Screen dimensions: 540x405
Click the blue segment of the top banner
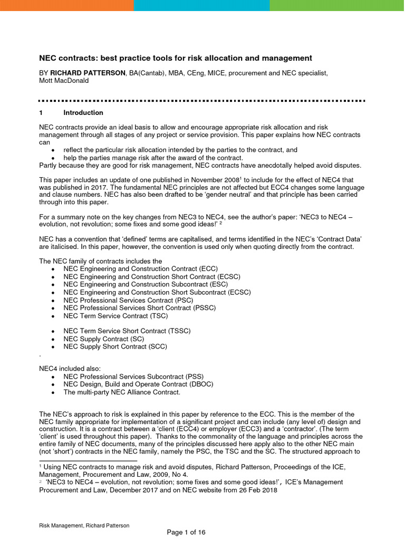[x=201, y=5]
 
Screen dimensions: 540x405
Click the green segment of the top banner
[x=337, y=5]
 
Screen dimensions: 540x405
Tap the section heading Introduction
[x=83, y=113]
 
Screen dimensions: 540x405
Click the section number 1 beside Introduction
[x=41, y=113]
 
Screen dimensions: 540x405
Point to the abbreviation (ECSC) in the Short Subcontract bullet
[x=239, y=292]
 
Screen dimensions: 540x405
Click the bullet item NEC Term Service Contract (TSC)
[x=115, y=316]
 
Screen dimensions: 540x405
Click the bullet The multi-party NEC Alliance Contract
[x=122, y=392]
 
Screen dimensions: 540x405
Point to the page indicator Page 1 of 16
[x=186, y=532]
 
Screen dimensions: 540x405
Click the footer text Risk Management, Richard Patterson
[x=84, y=525]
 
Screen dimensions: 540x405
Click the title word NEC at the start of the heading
[x=48, y=58]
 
